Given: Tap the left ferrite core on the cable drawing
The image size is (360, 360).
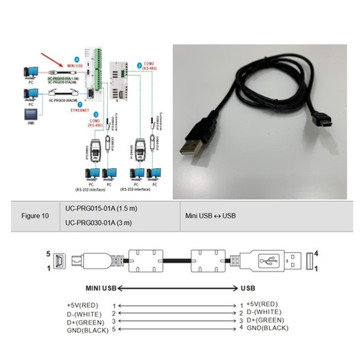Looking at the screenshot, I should pyautogui.click(x=145, y=262).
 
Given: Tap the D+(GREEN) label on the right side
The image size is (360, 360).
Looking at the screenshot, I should pyautogui.click(x=265, y=320).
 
